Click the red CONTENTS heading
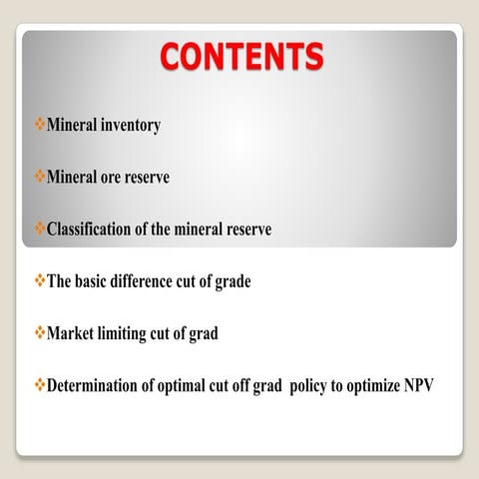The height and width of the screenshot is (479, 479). [242, 56]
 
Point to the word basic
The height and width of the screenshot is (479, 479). [98, 281]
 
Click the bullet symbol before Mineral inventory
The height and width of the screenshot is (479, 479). [40, 127]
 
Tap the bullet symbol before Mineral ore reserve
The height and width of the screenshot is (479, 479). [40, 178]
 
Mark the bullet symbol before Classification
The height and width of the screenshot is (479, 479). [40, 230]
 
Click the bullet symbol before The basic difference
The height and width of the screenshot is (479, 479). [40, 281]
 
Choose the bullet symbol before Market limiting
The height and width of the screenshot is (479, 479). [40, 333]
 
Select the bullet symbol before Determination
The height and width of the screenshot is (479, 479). [40, 385]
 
